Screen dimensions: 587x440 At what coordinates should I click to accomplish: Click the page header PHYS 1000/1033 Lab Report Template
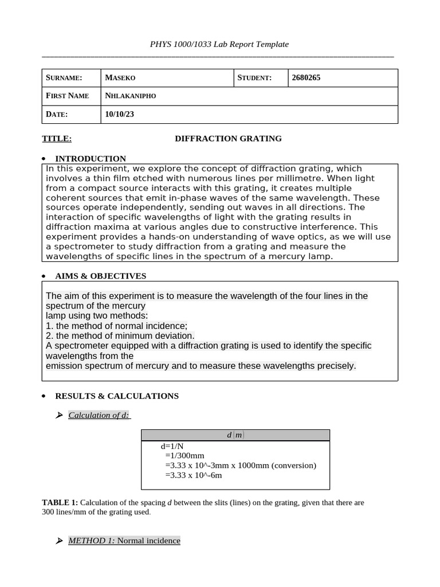tap(219, 44)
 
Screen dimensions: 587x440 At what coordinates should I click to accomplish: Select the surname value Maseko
tap(120, 78)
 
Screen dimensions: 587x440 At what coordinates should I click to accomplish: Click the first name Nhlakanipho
tap(131, 96)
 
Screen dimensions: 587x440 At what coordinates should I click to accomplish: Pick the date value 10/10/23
tap(120, 114)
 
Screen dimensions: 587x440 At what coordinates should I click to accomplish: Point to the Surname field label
tap(64, 78)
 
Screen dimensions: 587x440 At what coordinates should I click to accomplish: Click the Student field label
tap(255, 78)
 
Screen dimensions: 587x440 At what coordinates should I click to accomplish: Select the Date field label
tap(57, 114)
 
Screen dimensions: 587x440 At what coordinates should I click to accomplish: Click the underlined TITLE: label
tap(57, 138)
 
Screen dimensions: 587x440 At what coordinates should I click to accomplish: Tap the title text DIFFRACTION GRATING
tap(228, 138)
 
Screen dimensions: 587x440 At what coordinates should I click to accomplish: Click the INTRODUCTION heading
tap(90, 159)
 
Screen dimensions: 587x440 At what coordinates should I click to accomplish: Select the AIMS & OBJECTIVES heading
tap(100, 276)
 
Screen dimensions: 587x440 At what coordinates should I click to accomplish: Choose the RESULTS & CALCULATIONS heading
tap(116, 396)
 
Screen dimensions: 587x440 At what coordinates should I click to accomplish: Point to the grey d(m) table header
tap(235, 435)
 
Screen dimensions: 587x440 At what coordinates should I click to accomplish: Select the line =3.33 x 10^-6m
tap(193, 475)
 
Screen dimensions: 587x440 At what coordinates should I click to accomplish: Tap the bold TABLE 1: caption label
tap(64, 502)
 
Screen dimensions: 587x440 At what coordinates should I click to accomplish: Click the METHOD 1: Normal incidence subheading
tap(124, 541)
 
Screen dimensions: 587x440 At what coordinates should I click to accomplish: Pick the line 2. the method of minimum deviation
tap(120, 335)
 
